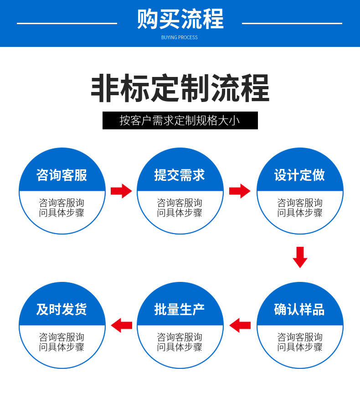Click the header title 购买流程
tap(180, 19)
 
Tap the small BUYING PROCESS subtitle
tap(180, 37)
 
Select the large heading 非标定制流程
tap(180, 88)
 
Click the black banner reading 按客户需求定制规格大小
tap(180, 120)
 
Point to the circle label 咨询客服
tap(62, 175)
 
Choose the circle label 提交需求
tap(180, 175)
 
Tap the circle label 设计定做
tap(299, 175)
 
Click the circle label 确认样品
tap(299, 309)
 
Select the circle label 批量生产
tap(180, 309)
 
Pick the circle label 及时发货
tap(62, 309)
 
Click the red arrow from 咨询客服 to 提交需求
tap(121, 191)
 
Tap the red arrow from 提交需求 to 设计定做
tap(240, 191)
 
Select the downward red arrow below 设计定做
tap(300, 257)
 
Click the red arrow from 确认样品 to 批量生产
tap(240, 326)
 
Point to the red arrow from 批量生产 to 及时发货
tap(121, 326)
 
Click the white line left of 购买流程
tap(67, 23)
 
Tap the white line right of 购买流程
tap(292, 23)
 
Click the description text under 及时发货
tap(62, 342)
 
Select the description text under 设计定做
tap(300, 208)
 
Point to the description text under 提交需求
tap(180, 208)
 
